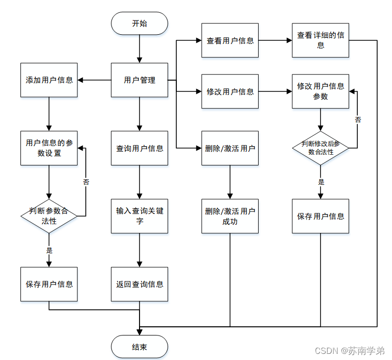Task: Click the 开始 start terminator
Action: [140, 23]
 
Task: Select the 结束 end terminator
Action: [140, 347]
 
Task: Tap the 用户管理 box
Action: [140, 80]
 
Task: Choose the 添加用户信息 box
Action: [49, 80]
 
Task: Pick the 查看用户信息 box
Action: [230, 40]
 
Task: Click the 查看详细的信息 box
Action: [320, 40]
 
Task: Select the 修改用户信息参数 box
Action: [320, 91]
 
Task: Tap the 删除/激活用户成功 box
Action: [230, 216]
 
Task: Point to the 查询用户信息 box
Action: [140, 148]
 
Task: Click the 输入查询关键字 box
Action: [140, 216]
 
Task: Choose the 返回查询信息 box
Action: [140, 284]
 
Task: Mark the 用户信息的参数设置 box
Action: [49, 148]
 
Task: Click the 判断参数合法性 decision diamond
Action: [49, 216]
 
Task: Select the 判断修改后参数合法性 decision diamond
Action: [320, 148]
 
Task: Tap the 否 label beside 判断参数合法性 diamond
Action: [86, 182]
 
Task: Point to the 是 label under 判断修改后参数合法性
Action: [321, 182]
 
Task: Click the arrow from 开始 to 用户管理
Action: [140, 49]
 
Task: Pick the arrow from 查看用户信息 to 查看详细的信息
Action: [275, 40]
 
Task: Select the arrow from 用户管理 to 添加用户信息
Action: [94, 80]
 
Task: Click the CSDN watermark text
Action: [350, 351]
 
